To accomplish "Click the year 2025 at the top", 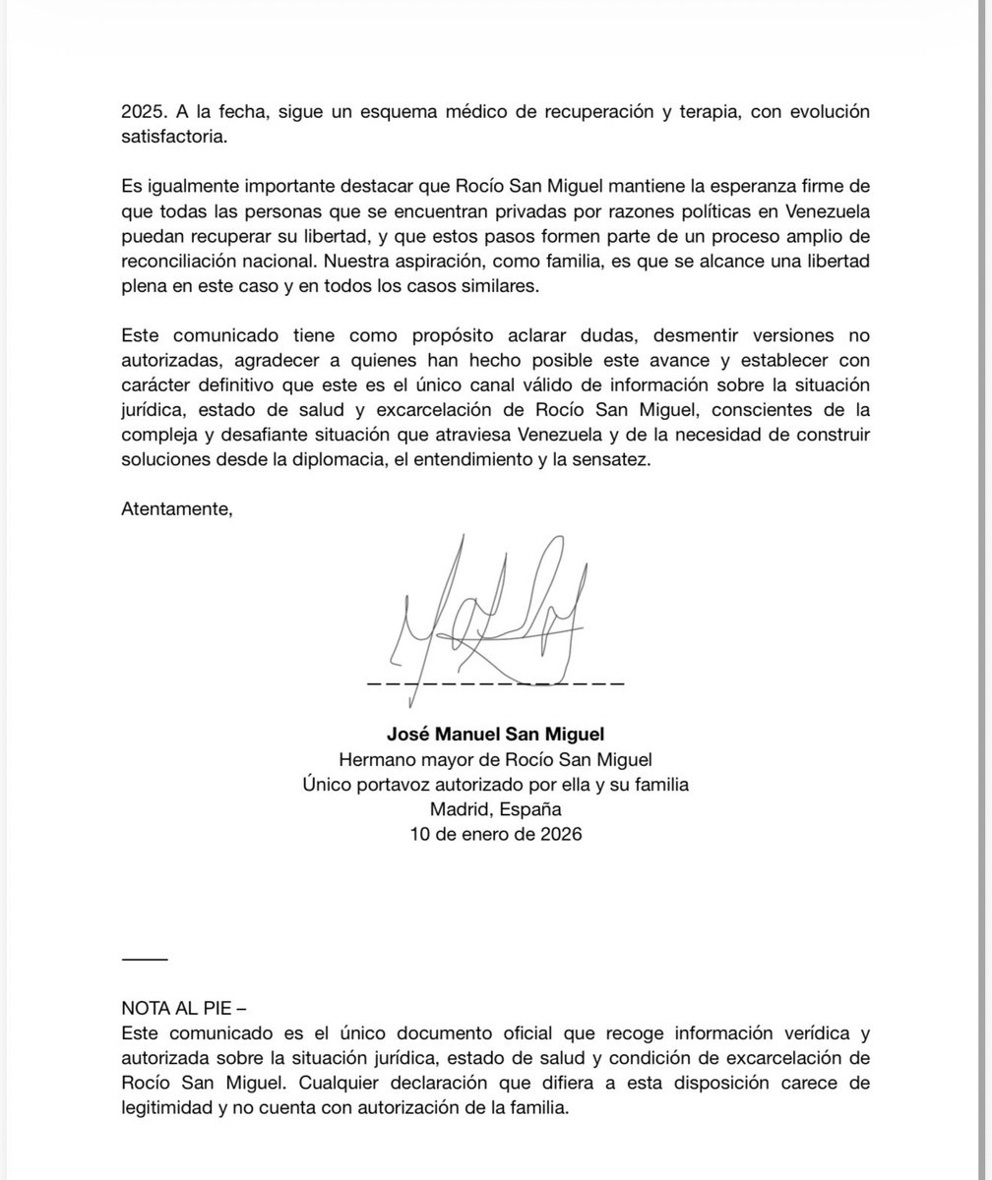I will [143, 112].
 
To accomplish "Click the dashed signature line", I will [495, 681].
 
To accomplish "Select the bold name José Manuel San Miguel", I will [495, 734].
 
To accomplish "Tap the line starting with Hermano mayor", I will [495, 759].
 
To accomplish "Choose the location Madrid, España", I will [495, 810].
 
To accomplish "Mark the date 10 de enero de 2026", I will [495, 836].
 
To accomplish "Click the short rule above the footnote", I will [145, 959].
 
